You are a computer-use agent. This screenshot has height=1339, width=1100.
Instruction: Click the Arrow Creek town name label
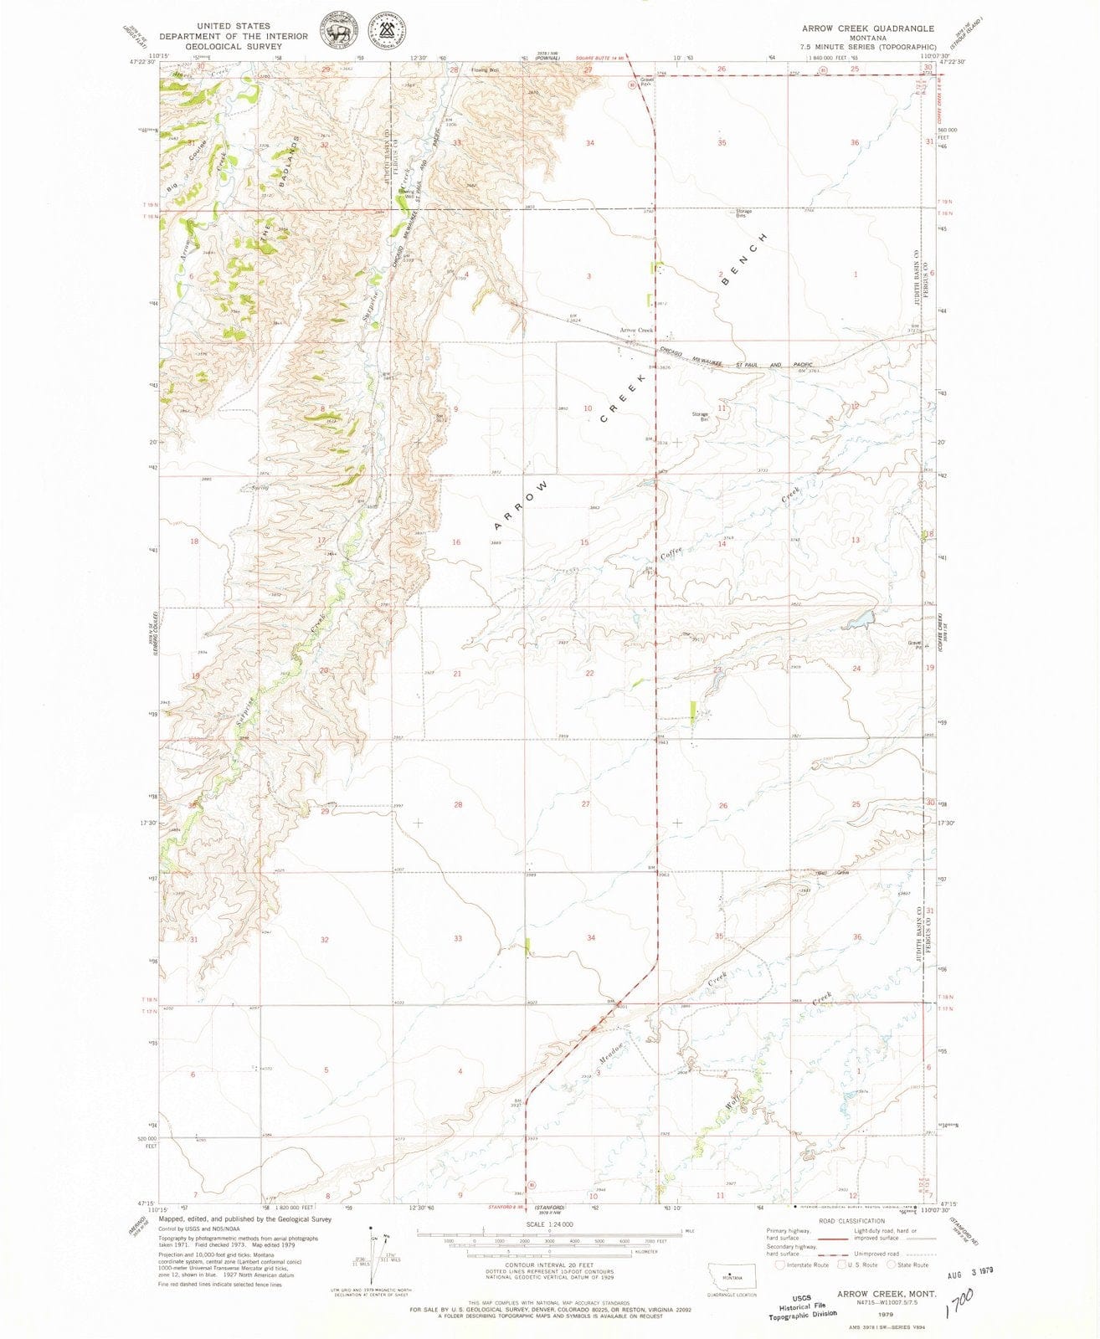click(635, 331)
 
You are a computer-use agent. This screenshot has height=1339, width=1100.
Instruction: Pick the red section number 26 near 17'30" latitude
click(722, 805)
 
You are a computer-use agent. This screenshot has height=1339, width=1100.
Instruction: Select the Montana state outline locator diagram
click(732, 1275)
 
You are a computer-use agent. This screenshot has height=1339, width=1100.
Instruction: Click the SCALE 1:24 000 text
click(542, 1224)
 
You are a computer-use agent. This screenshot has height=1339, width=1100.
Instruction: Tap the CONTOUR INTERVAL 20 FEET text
click(542, 1264)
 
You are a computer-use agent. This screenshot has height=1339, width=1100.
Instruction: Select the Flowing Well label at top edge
click(485, 70)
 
